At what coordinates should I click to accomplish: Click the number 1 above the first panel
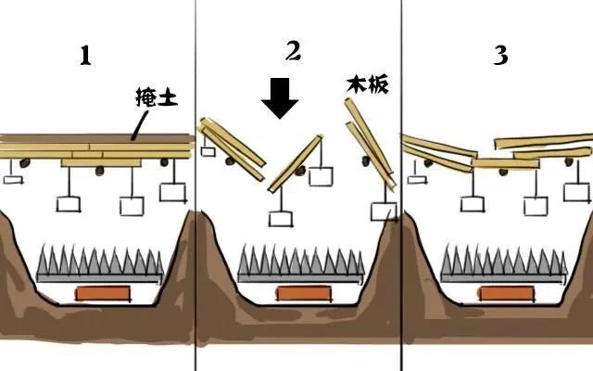(85, 56)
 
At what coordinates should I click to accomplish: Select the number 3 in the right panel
(500, 56)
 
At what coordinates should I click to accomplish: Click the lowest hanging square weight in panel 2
(279, 219)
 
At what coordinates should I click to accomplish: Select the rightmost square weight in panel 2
(383, 211)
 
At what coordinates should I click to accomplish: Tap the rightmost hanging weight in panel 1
(172, 192)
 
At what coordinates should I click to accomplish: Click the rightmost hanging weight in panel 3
(576, 192)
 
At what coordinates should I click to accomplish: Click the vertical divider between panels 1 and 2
(196, 185)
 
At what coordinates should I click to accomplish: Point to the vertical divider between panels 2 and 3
(401, 185)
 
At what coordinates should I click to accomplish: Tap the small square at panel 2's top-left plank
(208, 151)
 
